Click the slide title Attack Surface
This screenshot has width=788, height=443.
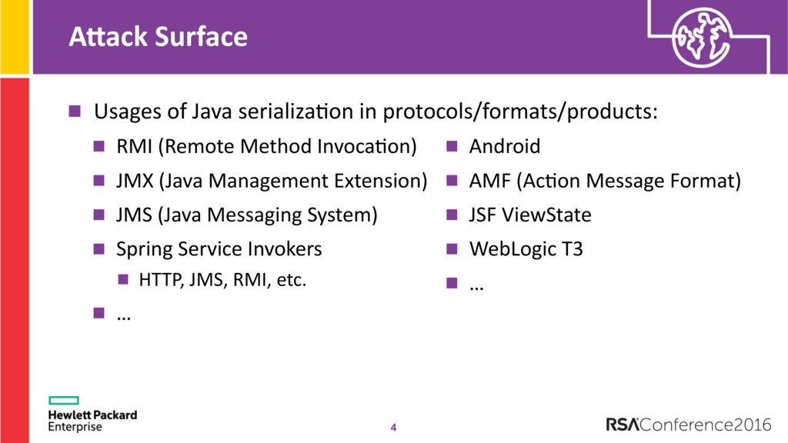pos(159,37)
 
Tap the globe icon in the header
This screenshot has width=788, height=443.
pos(702,38)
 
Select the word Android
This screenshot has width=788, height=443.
pos(505,147)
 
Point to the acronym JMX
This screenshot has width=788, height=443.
pos(135,181)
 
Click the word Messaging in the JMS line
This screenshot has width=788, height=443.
pos(254,215)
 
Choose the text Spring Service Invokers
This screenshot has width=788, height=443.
pos(219,249)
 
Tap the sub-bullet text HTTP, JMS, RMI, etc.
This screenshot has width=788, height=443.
pos(222,280)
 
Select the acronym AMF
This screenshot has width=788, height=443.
pos(489,181)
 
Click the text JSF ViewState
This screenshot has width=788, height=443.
pos(530,215)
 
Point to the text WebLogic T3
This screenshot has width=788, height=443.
pos(526,249)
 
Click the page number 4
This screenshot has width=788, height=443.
pos(393,428)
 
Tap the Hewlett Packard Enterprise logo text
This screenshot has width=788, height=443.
pos(92,421)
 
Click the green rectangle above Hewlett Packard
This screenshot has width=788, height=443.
pos(64,400)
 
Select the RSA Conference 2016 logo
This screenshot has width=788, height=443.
pos(689,425)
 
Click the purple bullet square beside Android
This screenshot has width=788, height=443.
pos(452,146)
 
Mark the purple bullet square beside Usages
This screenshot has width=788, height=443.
pos(75,111)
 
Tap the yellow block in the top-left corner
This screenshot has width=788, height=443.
pos(15,37)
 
